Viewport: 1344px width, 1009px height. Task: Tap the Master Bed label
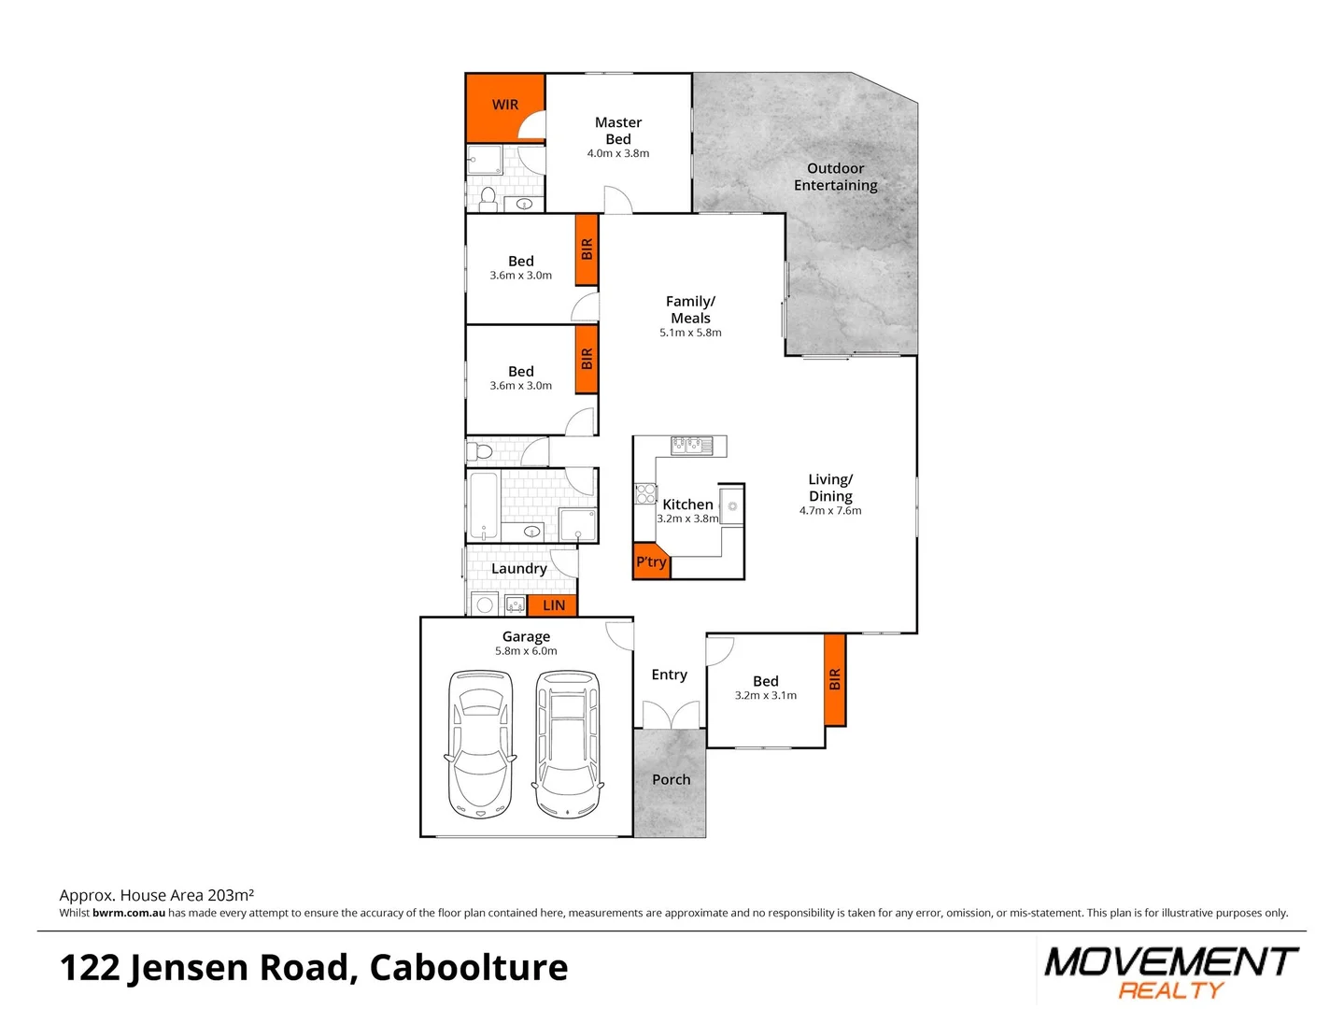(617, 131)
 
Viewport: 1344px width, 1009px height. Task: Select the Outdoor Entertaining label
(835, 177)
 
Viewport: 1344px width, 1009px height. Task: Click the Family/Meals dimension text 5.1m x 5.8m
(690, 333)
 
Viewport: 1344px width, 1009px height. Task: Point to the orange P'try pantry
(651, 561)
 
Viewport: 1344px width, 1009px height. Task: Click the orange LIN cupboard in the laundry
(553, 605)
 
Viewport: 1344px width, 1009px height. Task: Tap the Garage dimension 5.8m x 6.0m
(526, 651)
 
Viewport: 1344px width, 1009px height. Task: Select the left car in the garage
(480, 744)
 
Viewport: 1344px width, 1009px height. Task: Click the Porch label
(671, 779)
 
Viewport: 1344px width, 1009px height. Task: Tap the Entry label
(669, 675)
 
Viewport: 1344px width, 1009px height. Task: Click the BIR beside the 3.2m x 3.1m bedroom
(835, 679)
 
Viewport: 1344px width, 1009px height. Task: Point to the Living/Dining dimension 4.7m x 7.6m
(830, 511)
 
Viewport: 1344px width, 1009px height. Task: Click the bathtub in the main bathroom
(483, 506)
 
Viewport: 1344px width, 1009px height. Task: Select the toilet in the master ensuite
(488, 198)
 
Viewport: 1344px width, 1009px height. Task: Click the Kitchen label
(687, 504)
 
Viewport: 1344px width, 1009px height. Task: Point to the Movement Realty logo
(1170, 972)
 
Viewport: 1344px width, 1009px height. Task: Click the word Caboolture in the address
(469, 968)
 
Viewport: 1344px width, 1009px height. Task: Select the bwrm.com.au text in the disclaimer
(129, 913)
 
